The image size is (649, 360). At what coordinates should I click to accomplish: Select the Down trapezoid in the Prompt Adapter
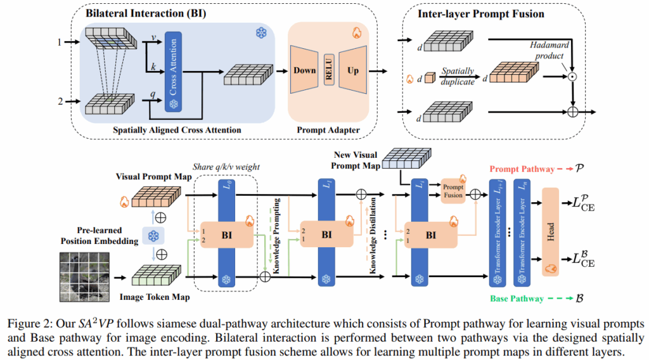click(x=304, y=71)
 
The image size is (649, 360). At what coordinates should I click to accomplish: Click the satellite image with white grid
click(x=85, y=276)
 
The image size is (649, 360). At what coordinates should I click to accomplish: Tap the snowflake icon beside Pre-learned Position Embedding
click(x=153, y=236)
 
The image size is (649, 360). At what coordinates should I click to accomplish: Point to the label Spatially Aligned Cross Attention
click(x=177, y=130)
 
